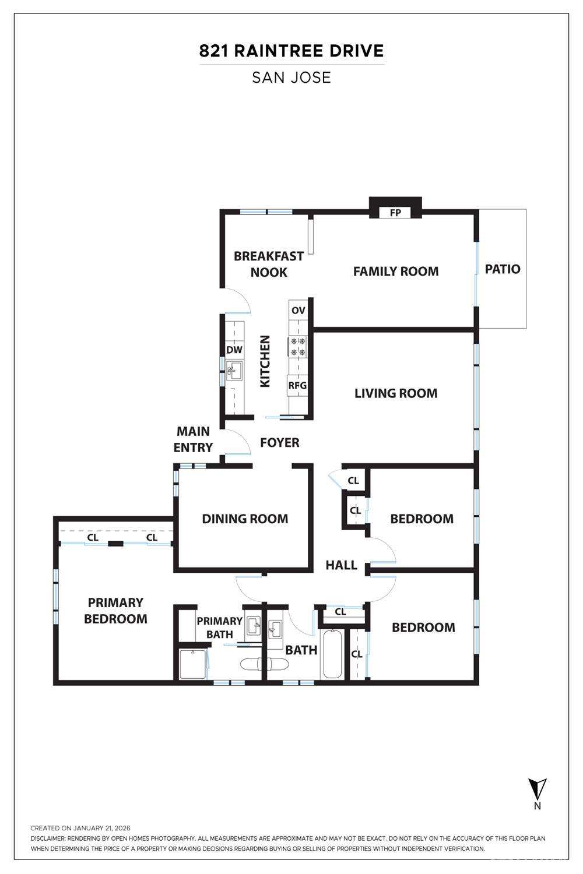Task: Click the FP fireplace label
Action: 395,213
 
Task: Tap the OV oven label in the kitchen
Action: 298,310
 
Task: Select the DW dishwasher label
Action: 234,350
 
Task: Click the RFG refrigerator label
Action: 297,385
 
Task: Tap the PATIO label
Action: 503,269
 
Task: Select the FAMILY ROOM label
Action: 396,271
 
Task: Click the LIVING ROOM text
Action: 396,393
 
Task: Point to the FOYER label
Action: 280,443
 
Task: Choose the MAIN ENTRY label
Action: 193,439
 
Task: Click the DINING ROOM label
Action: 245,519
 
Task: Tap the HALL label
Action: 341,565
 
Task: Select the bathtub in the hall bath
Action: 332,654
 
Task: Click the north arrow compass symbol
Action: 537,790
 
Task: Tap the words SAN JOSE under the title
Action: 291,77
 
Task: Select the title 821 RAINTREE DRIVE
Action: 291,51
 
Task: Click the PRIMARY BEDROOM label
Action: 115,611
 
